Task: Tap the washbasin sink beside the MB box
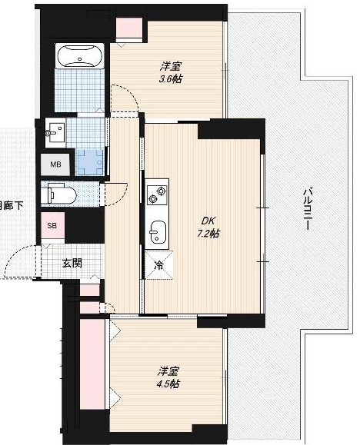point(54,132)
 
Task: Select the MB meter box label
point(55,164)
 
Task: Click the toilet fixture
point(59,193)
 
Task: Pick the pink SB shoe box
point(52,226)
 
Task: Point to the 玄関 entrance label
point(72,262)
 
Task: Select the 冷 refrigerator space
point(160,266)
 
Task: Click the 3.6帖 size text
point(172,78)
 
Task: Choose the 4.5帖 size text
point(169,384)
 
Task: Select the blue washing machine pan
point(89,160)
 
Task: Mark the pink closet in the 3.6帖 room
point(128,27)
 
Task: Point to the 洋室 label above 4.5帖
point(169,370)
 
